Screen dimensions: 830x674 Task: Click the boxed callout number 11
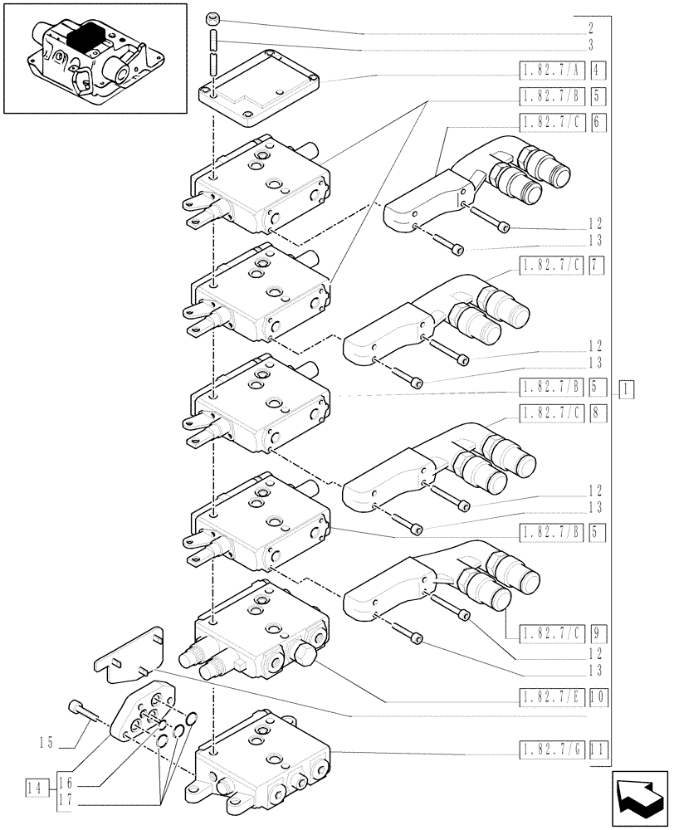click(600, 752)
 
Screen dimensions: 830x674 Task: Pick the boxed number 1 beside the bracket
click(627, 388)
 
